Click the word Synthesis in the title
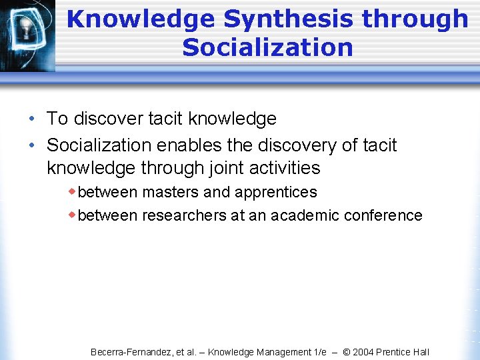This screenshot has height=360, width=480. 289,19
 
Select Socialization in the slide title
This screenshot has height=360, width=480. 267,48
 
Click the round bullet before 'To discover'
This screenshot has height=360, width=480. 33,119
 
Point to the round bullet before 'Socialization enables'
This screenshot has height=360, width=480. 33,145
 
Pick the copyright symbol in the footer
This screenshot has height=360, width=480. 347,352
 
